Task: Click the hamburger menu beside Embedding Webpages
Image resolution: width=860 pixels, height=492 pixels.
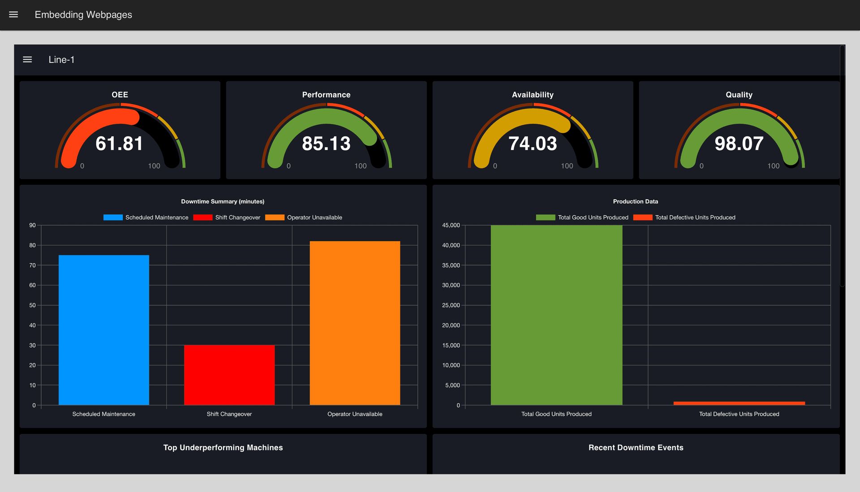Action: point(13,15)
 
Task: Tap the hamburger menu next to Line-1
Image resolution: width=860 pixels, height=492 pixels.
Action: point(27,60)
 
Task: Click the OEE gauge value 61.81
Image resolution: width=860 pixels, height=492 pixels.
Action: point(119,144)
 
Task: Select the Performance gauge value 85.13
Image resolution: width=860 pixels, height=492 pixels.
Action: point(326,144)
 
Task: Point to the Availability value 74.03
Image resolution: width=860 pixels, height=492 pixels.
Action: point(533,144)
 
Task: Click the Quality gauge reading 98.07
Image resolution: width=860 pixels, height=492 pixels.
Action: point(739,144)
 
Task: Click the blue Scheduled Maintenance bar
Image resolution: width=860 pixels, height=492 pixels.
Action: point(104,330)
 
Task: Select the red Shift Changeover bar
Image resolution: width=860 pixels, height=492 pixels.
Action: point(229,375)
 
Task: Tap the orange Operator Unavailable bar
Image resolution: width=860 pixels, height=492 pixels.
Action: point(355,323)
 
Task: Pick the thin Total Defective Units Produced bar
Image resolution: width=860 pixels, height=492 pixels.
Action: point(739,403)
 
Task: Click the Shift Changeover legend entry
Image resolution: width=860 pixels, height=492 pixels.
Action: point(227,218)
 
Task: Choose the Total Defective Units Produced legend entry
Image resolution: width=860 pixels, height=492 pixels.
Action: point(685,218)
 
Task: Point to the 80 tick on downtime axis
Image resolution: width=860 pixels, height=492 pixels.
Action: point(32,245)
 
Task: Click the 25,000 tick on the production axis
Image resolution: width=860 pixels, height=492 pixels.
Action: point(451,305)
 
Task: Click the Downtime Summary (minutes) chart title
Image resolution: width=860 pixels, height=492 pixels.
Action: point(223,201)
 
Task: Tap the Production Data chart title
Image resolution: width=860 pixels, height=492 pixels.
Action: point(635,201)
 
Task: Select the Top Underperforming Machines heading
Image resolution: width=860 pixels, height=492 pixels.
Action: point(223,448)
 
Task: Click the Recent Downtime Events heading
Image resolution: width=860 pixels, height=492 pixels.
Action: point(636,448)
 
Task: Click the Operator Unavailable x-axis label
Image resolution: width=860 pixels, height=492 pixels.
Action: point(355,414)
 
